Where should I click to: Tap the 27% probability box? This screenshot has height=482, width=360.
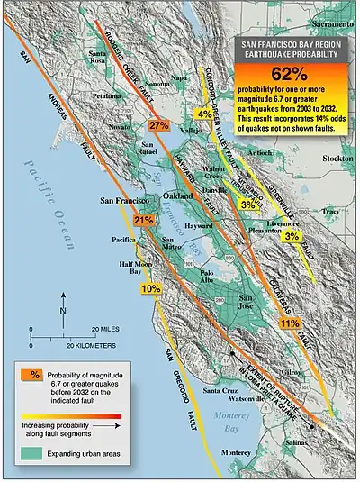[159, 125]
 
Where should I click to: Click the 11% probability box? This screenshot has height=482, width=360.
[289, 323]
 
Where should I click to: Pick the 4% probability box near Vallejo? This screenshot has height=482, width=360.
[204, 114]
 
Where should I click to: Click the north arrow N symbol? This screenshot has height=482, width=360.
[62, 311]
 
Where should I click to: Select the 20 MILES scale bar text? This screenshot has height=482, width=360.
[106, 330]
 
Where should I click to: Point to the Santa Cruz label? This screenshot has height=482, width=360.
[220, 391]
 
